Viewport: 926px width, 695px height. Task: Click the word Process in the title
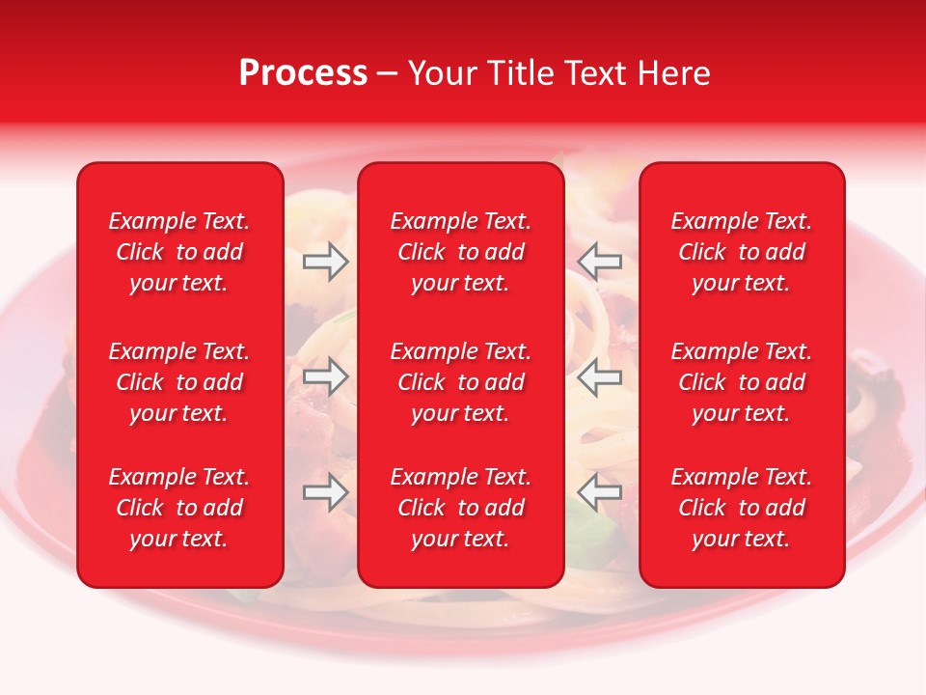[x=302, y=73]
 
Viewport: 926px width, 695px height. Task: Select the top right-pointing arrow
[x=325, y=262]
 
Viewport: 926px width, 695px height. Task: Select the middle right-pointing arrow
[x=325, y=376]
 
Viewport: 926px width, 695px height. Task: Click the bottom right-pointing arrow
[x=325, y=492]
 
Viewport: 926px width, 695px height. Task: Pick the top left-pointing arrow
[x=599, y=262]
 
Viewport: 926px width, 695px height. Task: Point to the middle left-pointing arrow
[x=599, y=376]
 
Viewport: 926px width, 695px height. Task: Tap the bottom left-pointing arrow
[x=599, y=492]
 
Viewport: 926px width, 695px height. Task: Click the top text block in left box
[x=179, y=252]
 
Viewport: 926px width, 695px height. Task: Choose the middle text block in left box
[x=179, y=382]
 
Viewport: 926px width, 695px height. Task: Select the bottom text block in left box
[x=179, y=508]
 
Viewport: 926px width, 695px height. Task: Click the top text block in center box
[x=460, y=252]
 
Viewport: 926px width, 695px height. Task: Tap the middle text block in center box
[x=460, y=382]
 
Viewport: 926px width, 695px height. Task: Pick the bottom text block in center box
[x=460, y=508]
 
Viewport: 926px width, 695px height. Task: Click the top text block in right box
[x=742, y=252]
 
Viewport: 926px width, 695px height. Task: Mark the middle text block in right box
[x=742, y=382]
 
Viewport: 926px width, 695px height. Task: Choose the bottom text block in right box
[x=742, y=508]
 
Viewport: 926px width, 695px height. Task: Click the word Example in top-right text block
[x=715, y=222]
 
